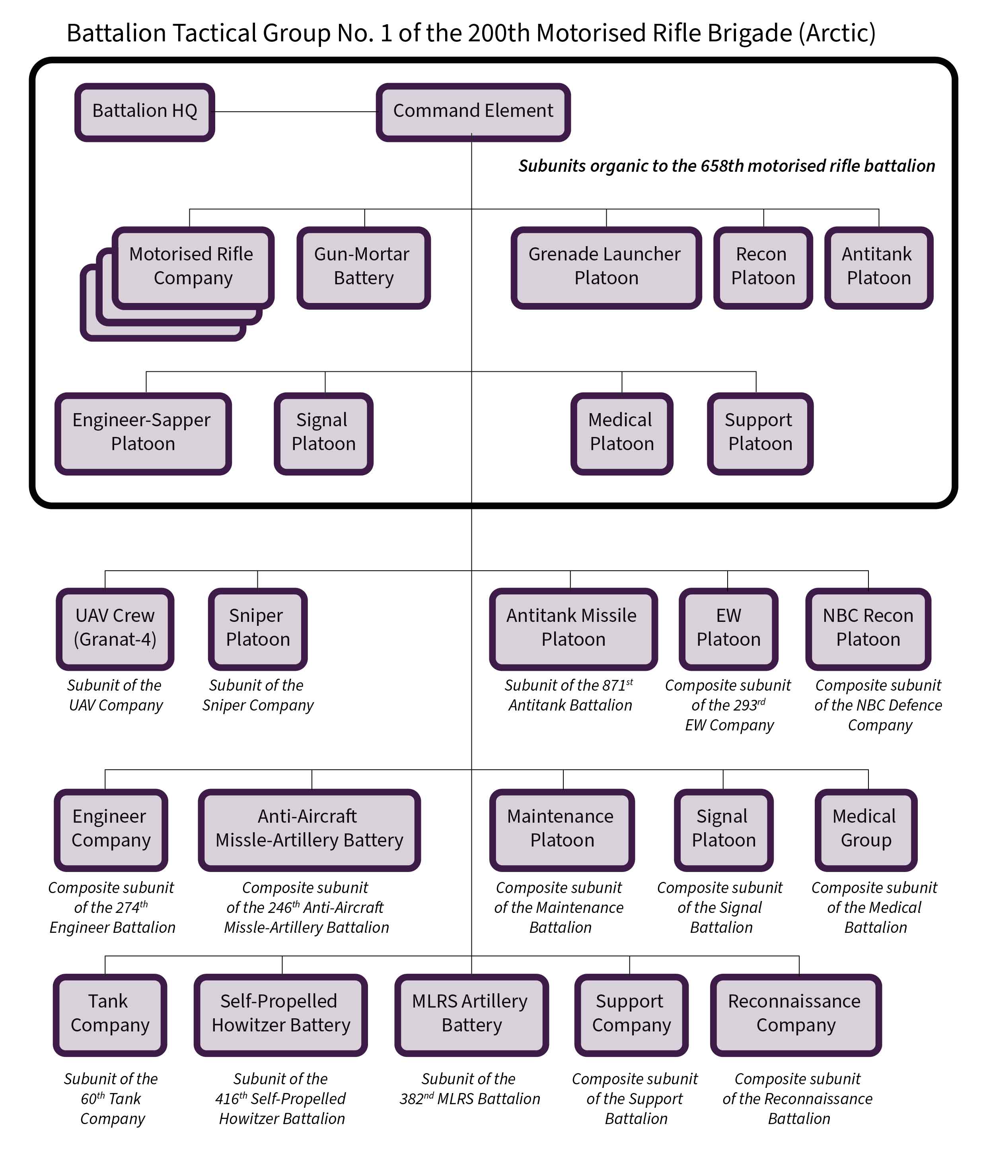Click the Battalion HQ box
[145, 112]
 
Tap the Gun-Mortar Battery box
[364, 267]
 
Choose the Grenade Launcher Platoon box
[606, 267]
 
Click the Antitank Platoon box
[878, 267]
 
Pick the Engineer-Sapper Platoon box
[143, 433]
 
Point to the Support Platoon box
[760, 433]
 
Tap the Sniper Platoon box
[258, 629]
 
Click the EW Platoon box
[728, 629]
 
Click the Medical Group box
[866, 830]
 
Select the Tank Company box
[110, 1015]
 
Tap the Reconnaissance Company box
[796, 1015]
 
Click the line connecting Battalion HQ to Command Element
[296, 112]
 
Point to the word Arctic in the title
[837, 33]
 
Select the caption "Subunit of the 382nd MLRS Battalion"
[470, 1089]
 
